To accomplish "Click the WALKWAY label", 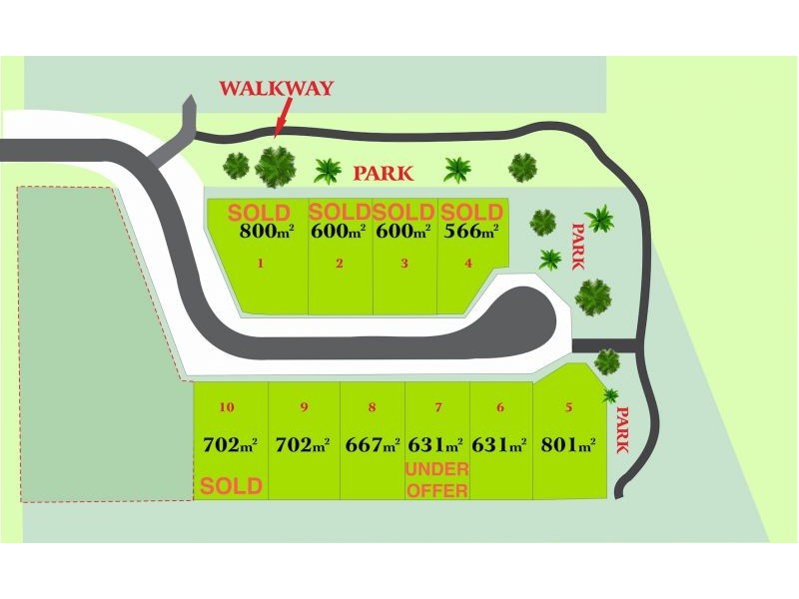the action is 277,88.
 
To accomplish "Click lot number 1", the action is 261,265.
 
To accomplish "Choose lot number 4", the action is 468,265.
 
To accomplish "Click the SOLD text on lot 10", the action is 231,486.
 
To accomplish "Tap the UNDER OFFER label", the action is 436,478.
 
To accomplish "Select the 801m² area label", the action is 568,445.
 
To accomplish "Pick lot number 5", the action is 568,407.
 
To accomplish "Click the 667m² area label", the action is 372,445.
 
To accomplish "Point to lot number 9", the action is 303,407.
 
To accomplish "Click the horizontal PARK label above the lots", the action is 384,174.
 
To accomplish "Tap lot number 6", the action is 500,407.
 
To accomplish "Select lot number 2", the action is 340,265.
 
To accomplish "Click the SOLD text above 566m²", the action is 471,213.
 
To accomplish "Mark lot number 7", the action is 437,407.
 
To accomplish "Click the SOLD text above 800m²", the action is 260,213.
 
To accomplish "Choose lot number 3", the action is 403,265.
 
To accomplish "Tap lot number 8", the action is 372,407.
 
